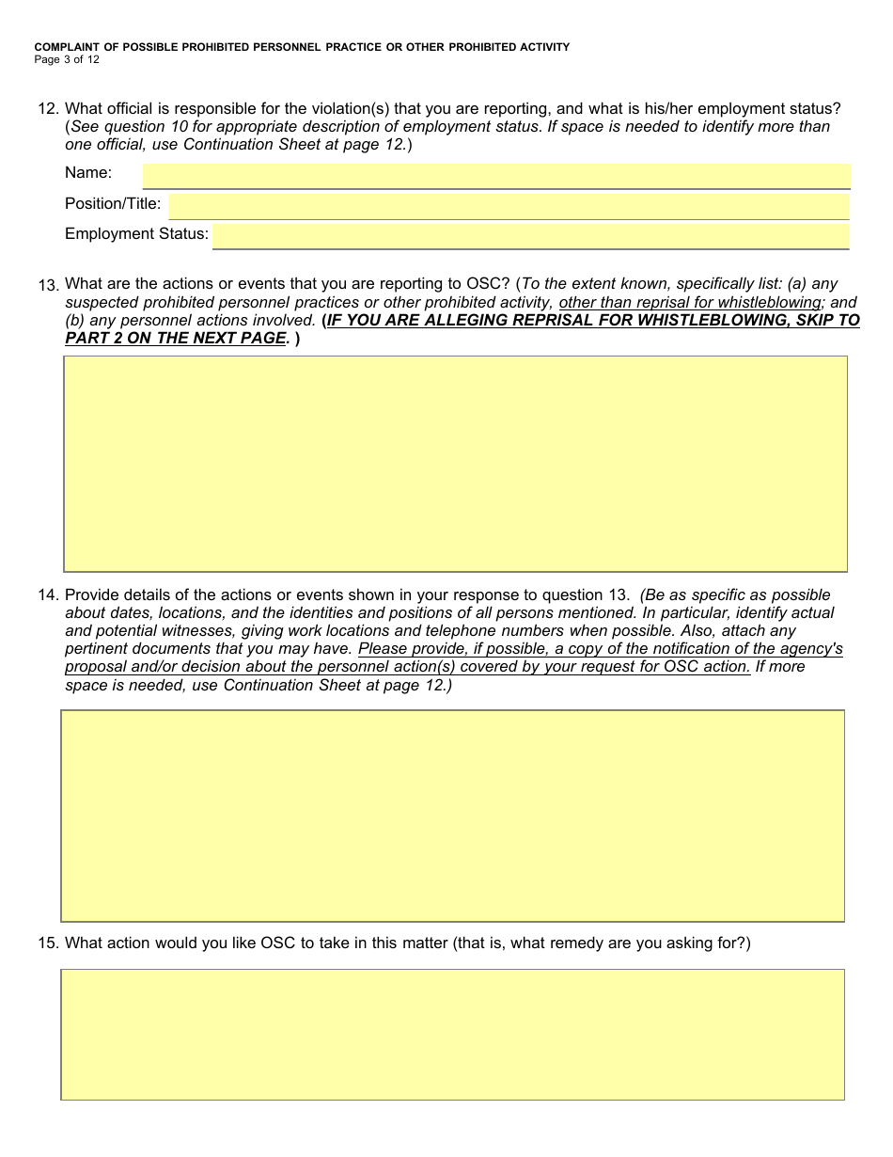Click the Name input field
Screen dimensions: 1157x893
496,175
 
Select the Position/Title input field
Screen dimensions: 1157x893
509,205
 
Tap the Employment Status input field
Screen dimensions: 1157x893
530,235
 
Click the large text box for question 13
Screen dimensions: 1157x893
455,464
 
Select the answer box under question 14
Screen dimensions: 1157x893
452,816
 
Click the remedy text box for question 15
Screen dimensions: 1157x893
452,1035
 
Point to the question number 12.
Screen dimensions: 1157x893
48,109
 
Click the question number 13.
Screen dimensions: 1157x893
48,285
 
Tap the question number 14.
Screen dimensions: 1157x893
48,595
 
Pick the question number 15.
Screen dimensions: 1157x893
48,943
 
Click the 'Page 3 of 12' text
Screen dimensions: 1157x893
67,59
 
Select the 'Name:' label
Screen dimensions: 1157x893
88,173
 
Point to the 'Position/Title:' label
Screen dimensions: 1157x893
113,203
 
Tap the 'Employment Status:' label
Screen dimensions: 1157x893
136,233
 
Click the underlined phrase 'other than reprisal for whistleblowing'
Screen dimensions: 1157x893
690,302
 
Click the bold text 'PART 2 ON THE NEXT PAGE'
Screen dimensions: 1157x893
175,338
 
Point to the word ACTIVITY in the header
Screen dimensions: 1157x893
539,47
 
